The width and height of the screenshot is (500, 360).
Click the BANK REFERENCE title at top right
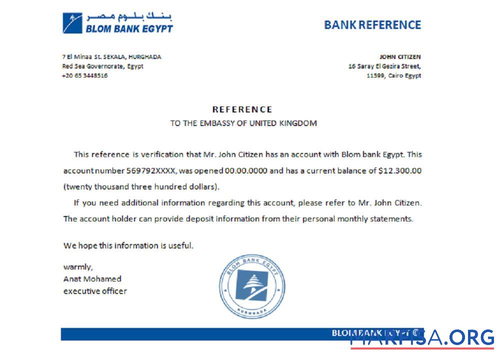(x=372, y=24)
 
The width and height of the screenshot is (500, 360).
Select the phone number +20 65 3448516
(x=85, y=75)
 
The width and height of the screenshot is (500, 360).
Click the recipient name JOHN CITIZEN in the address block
(x=399, y=57)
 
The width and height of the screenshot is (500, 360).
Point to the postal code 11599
(x=375, y=75)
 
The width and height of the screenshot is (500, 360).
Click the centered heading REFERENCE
(x=242, y=109)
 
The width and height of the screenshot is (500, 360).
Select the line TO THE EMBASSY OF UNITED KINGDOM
(x=243, y=123)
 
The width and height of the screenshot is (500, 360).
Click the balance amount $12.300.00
(x=400, y=170)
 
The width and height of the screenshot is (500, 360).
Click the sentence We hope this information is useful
(x=128, y=245)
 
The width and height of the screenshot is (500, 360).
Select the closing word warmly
(x=77, y=266)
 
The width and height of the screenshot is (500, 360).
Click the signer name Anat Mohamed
(x=92, y=278)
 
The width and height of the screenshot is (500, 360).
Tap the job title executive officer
(x=95, y=290)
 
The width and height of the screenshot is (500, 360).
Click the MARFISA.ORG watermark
(x=422, y=338)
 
